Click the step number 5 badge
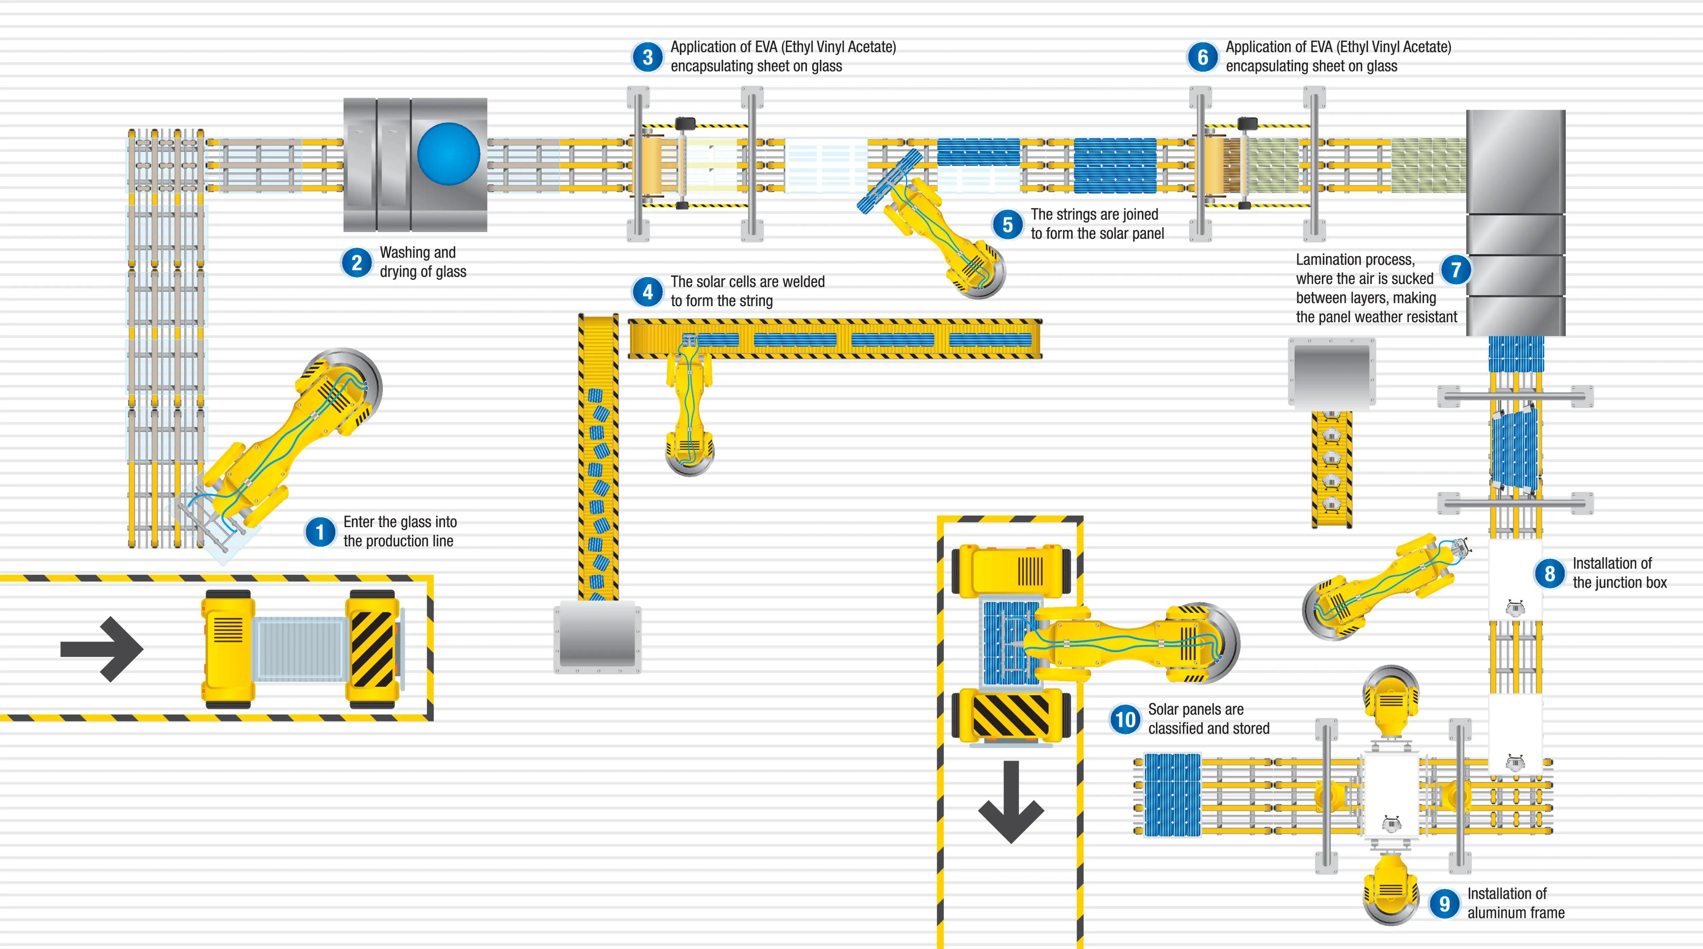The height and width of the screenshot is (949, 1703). coord(1007,225)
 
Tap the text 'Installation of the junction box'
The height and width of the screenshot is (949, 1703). coord(1619,573)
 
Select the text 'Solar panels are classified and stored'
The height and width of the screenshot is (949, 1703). coord(1208,719)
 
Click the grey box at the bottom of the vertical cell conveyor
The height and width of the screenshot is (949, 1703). coord(597,637)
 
